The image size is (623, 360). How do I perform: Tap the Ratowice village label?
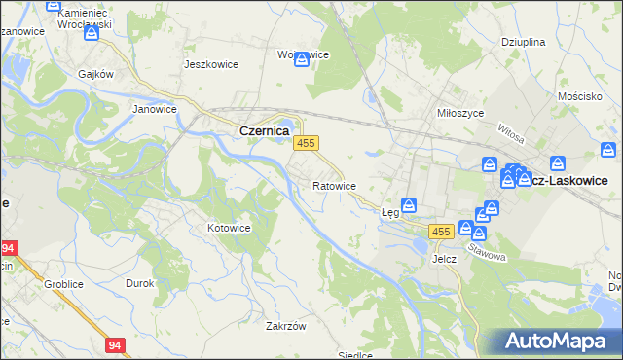click(334, 185)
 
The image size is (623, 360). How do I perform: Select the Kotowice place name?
click(230, 228)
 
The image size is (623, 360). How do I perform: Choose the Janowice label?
click(154, 109)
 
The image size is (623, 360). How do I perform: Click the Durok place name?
click(140, 283)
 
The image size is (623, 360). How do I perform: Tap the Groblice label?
click(60, 284)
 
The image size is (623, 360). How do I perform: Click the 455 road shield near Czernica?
click(306, 143)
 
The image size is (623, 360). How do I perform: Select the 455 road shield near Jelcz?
click(440, 232)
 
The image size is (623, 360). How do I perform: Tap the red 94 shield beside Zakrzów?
click(116, 344)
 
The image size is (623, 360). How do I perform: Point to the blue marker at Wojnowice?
click(302, 59)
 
